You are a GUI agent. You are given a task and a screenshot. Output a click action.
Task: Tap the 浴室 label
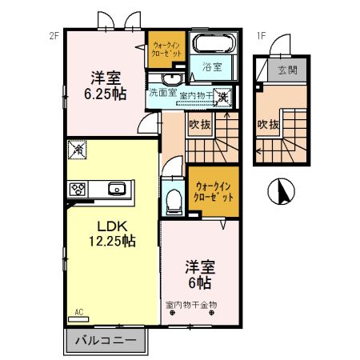click(x=212, y=67)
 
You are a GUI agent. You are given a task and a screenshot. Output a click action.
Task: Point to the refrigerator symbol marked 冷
click(x=78, y=149)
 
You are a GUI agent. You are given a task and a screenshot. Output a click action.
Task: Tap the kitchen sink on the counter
click(x=117, y=190)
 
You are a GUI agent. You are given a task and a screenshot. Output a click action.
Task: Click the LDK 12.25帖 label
click(x=106, y=232)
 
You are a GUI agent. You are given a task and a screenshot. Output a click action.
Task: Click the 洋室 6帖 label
click(x=199, y=275)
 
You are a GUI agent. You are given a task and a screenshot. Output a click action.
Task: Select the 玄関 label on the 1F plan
click(x=287, y=69)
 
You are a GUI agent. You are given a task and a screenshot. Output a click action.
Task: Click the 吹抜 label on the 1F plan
click(x=268, y=125)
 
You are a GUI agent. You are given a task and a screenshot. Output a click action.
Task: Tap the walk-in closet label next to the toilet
click(x=214, y=191)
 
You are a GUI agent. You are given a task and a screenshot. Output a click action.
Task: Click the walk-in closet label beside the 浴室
click(x=166, y=47)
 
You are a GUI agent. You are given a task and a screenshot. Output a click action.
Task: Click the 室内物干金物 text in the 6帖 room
click(x=192, y=305)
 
